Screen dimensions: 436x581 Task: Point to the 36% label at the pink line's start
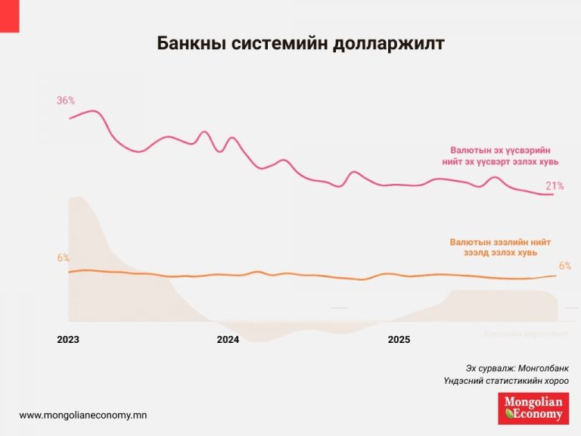pos(66,101)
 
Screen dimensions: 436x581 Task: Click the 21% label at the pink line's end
pos(555,185)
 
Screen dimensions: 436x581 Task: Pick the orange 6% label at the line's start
pos(63,258)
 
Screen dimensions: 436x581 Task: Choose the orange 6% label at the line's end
pos(565,266)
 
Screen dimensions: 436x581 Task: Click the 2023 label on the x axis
pos(68,340)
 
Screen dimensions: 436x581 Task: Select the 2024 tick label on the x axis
pos(228,340)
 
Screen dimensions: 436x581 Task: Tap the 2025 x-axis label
pos(399,340)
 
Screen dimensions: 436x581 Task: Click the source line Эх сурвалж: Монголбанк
pos(517,367)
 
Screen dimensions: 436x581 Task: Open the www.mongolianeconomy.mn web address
pos(83,415)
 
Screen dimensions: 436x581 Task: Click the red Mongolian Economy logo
pos(535,409)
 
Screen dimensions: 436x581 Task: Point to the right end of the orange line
pos(556,276)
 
